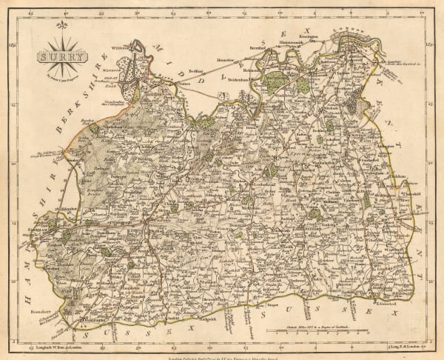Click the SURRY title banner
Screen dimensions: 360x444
coord(61,56)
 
